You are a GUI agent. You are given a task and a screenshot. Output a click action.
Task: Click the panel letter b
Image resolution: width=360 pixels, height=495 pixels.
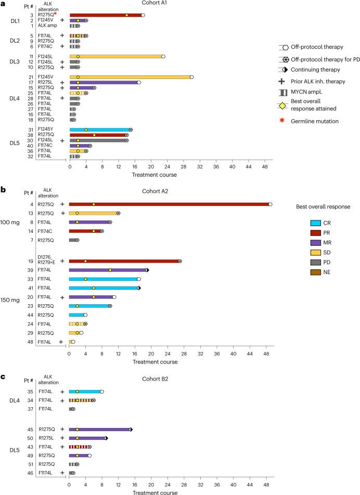[3, 176]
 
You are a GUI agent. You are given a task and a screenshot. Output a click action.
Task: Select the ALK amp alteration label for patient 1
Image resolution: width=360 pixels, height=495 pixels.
[46, 25]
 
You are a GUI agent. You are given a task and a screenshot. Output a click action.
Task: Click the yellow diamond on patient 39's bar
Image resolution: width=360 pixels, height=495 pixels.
[110, 270]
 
